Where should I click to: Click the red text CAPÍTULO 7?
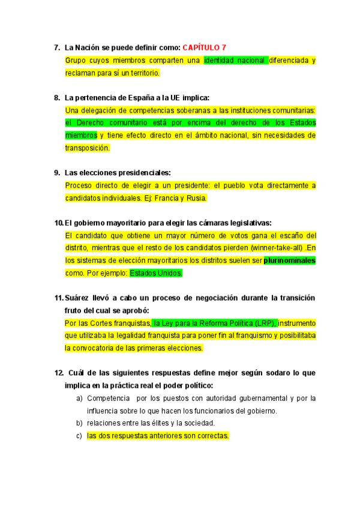(x=204, y=47)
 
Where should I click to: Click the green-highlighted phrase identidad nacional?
(x=236, y=60)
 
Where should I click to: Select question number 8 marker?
(x=57, y=97)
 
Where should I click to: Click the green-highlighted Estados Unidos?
(x=155, y=273)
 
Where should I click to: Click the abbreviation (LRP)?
(x=262, y=323)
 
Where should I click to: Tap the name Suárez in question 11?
(x=79, y=298)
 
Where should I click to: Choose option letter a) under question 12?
(x=79, y=398)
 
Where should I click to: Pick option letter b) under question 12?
(x=79, y=423)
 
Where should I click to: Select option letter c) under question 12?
(x=79, y=436)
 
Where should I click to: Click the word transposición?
(x=87, y=148)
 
